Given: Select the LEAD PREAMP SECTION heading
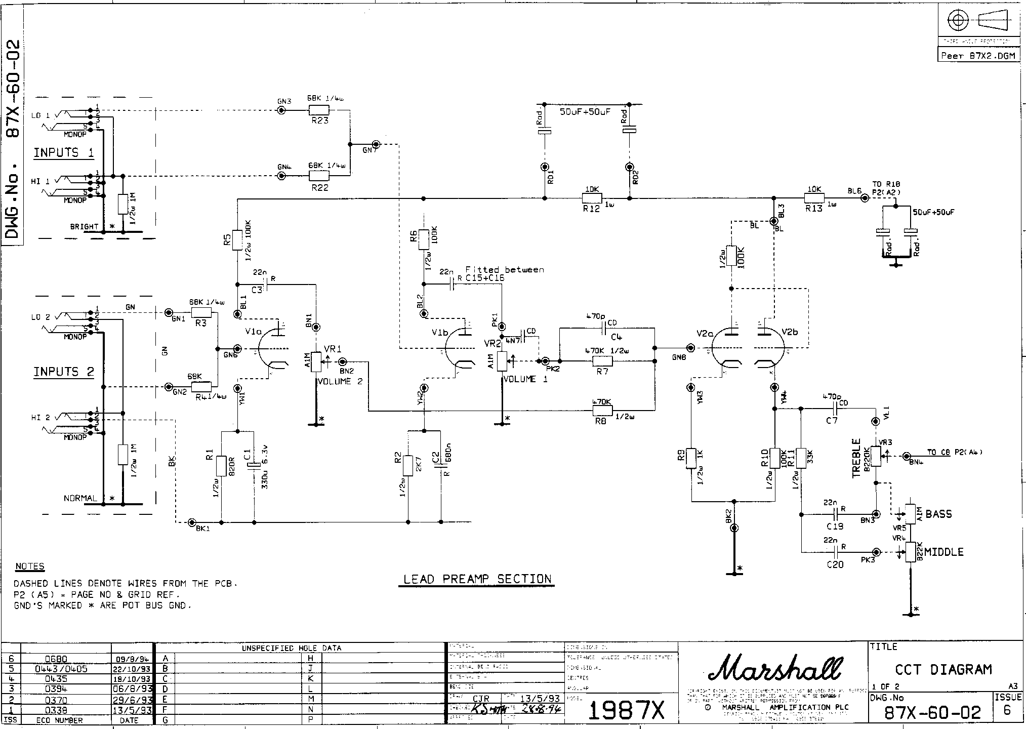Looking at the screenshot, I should (477, 579).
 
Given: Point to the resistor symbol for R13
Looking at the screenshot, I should (814, 198).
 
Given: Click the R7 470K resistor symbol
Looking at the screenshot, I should (602, 361).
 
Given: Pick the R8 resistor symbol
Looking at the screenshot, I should (602, 410).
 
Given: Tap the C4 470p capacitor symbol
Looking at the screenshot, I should (603, 328).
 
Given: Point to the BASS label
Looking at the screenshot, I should (938, 514).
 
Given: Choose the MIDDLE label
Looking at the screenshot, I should (943, 552).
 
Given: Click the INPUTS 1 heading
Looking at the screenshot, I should (64, 153).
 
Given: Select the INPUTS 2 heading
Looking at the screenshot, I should (64, 372).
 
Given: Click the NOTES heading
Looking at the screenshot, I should (30, 566).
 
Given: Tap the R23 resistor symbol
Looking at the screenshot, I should (319, 110).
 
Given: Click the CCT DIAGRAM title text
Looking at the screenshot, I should (943, 670).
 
